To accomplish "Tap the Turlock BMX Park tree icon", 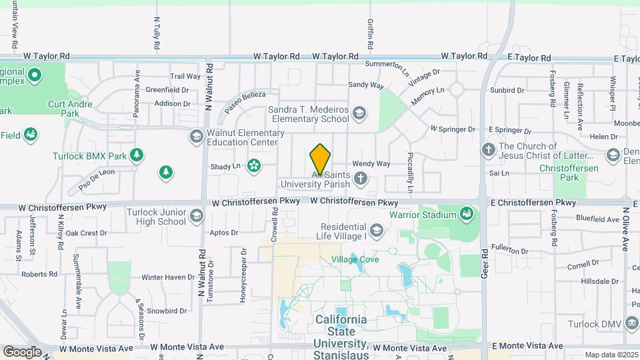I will [x=137, y=155].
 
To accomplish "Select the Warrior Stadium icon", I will [x=467, y=214].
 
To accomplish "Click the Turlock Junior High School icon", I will [x=197, y=215].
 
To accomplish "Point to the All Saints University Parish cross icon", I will [x=360, y=177].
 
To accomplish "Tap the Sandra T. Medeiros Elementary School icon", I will [x=360, y=113].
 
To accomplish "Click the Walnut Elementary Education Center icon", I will [x=196, y=137].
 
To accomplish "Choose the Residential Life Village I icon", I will [x=377, y=231].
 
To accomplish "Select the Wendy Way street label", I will [x=371, y=163].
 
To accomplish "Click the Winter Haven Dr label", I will [x=167, y=277].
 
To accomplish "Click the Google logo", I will [x=22, y=351].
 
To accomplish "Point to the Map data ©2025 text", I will [x=611, y=355].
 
